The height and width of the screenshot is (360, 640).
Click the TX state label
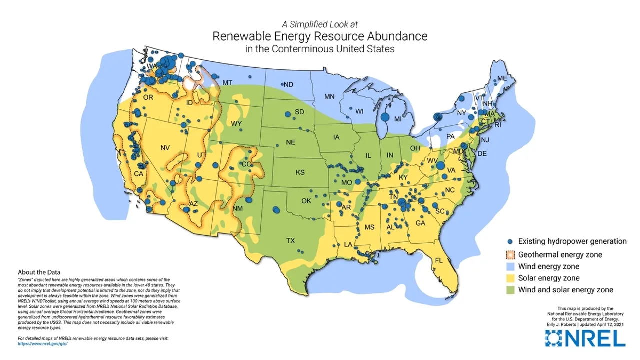pos(290,240)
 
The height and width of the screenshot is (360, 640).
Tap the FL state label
pos(439,260)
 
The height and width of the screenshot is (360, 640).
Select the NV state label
pos(165,148)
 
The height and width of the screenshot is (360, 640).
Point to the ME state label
pos(502,79)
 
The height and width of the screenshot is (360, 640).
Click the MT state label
pos(227,82)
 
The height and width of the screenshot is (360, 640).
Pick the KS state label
pos(300,172)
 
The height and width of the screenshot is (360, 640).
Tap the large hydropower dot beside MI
pos(385,117)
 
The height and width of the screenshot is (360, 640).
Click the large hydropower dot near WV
pos(440,165)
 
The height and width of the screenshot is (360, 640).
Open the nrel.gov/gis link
pos(42,344)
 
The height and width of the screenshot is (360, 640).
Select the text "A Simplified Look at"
pos(319,24)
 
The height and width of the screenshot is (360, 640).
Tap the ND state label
pos(288,84)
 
